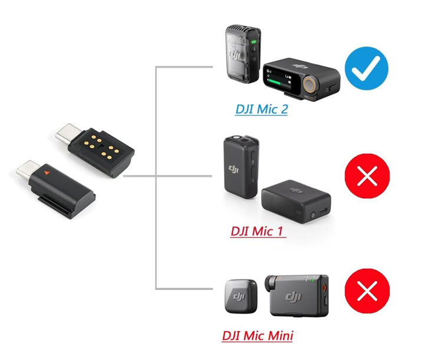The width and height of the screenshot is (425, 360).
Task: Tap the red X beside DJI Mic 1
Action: click(x=367, y=177)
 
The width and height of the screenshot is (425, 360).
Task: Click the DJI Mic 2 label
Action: click(x=261, y=109)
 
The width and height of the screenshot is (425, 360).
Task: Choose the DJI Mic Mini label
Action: click(x=258, y=336)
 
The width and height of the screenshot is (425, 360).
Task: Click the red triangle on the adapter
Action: click(x=47, y=173)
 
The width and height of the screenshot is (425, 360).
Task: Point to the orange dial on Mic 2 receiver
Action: click(x=312, y=84)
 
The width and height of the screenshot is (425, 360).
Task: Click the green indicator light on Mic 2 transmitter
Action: click(x=253, y=42)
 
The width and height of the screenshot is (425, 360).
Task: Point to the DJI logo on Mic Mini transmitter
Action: click(x=240, y=297)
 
